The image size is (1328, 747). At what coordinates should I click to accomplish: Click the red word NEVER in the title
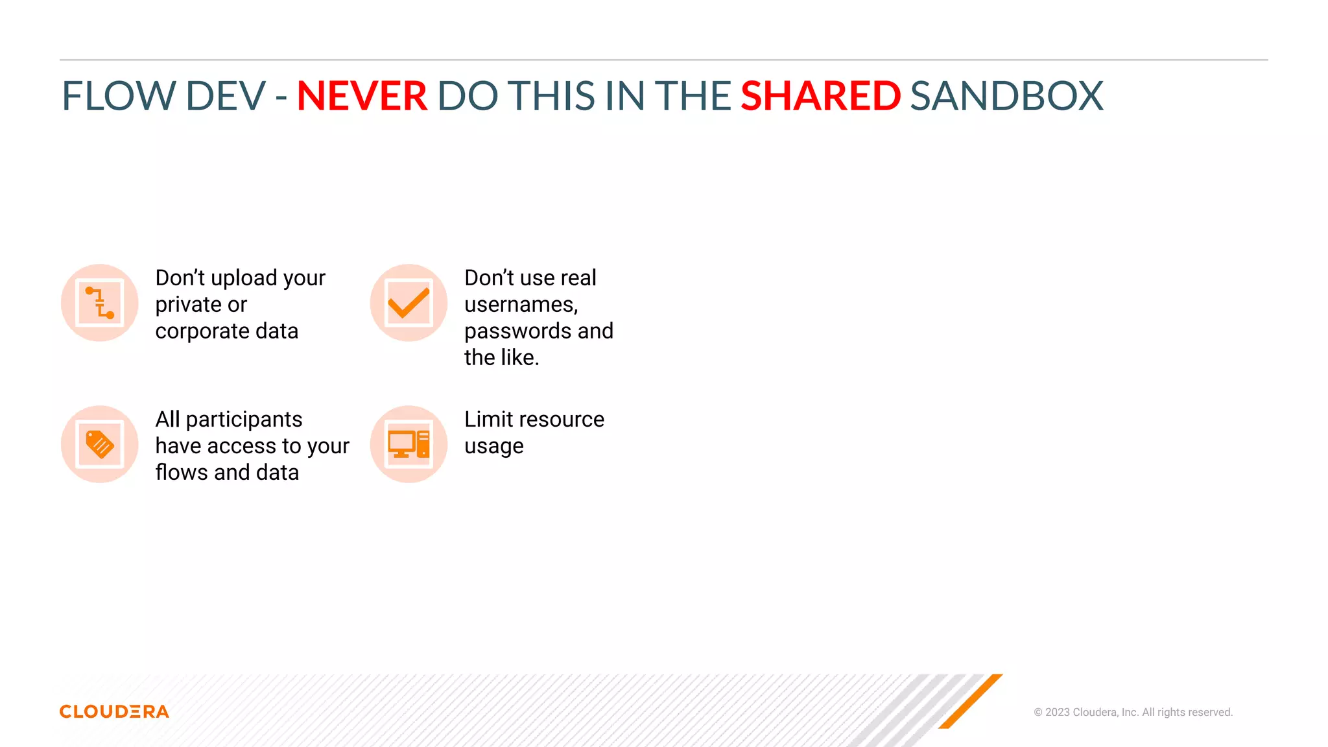[361, 96]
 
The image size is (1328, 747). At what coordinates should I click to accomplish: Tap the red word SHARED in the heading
[820, 96]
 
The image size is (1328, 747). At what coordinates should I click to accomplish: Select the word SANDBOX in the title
[1006, 96]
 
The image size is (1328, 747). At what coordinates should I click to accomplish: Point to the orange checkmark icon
[409, 303]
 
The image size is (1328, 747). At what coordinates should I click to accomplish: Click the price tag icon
[100, 444]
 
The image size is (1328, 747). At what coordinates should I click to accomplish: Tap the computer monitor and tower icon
[409, 444]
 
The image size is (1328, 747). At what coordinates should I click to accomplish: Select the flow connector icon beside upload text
[100, 303]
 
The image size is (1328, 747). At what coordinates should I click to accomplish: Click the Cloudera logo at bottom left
[114, 711]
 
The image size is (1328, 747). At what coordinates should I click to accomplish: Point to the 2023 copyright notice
[1133, 712]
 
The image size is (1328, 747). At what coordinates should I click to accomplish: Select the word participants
[244, 420]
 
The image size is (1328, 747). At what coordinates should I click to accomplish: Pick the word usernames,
[521, 305]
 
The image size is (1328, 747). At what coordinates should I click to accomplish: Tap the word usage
[493, 447]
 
